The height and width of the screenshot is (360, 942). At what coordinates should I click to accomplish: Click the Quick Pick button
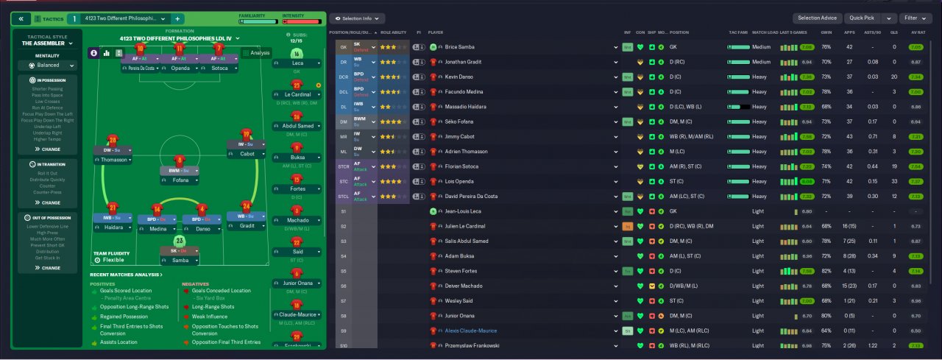point(861,18)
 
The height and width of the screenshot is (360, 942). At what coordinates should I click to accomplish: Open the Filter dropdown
point(915,18)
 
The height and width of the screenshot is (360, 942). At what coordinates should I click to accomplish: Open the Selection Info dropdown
point(357,18)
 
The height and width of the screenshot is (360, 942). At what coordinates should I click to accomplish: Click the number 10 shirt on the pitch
point(141,49)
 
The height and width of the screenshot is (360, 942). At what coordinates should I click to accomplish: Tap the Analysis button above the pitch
point(257,53)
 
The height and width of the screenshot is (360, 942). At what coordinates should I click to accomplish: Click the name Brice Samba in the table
point(461,46)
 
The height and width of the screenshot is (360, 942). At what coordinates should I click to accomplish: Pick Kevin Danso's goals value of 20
point(894,77)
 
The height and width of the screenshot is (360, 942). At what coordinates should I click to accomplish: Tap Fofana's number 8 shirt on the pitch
point(180,160)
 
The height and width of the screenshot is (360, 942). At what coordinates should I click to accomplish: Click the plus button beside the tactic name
point(177,18)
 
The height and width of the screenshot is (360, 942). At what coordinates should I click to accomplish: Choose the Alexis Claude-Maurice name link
point(471,331)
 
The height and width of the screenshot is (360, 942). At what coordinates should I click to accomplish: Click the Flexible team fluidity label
point(113,260)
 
